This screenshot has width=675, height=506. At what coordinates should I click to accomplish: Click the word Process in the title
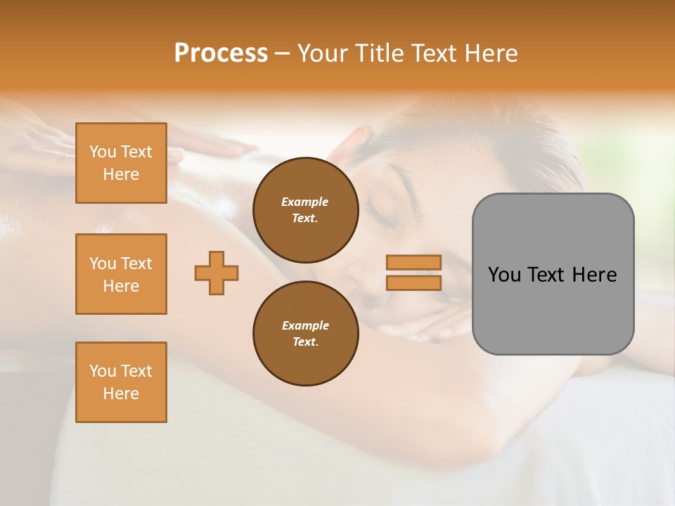(x=221, y=53)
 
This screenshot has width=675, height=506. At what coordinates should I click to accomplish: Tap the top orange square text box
(x=121, y=163)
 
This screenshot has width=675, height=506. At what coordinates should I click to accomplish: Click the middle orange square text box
(x=121, y=274)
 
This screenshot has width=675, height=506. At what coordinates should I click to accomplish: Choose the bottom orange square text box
(x=121, y=382)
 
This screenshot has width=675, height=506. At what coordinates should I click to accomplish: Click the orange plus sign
(x=217, y=273)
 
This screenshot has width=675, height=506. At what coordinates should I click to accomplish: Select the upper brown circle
(x=305, y=210)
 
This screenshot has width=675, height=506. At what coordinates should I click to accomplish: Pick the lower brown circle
(x=305, y=334)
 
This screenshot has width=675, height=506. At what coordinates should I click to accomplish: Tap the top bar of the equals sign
(x=413, y=262)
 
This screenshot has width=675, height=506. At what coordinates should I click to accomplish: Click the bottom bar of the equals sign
(x=413, y=283)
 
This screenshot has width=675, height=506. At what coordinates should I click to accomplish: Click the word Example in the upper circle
(x=305, y=202)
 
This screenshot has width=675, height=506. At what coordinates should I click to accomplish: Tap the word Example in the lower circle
(x=305, y=325)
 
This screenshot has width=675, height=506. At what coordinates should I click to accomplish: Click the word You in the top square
(x=103, y=152)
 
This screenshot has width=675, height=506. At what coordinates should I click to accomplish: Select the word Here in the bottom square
(x=121, y=394)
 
